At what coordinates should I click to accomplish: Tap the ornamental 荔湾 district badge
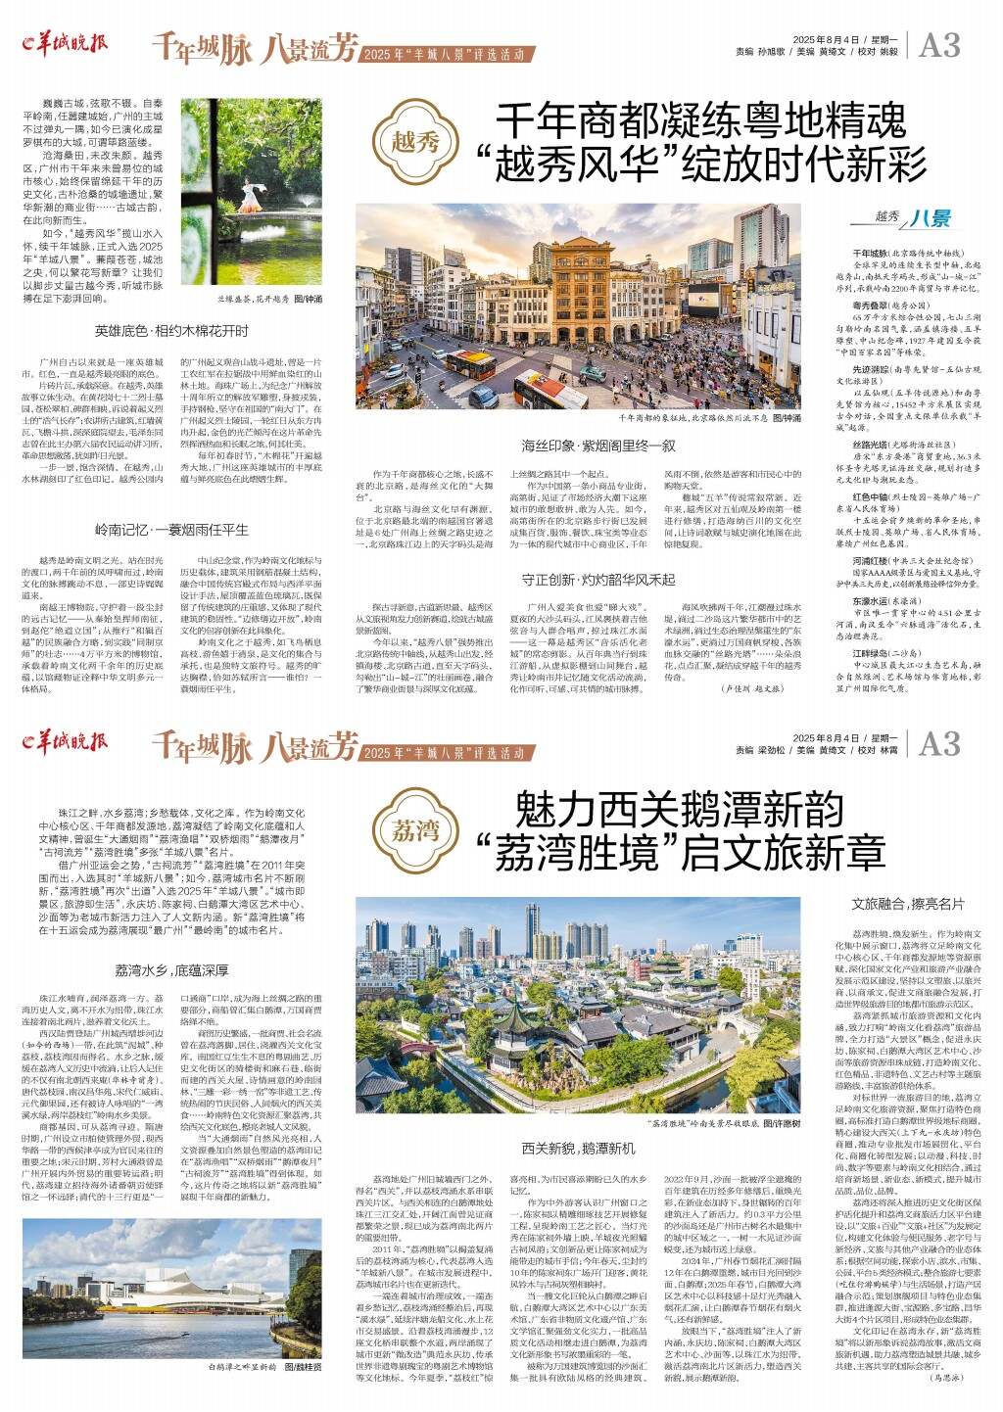[x=417, y=832]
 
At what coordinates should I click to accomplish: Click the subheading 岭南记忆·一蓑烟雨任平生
[x=171, y=530]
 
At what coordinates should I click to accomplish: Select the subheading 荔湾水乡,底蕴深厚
[x=171, y=971]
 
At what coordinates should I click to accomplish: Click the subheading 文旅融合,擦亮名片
[x=909, y=905]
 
